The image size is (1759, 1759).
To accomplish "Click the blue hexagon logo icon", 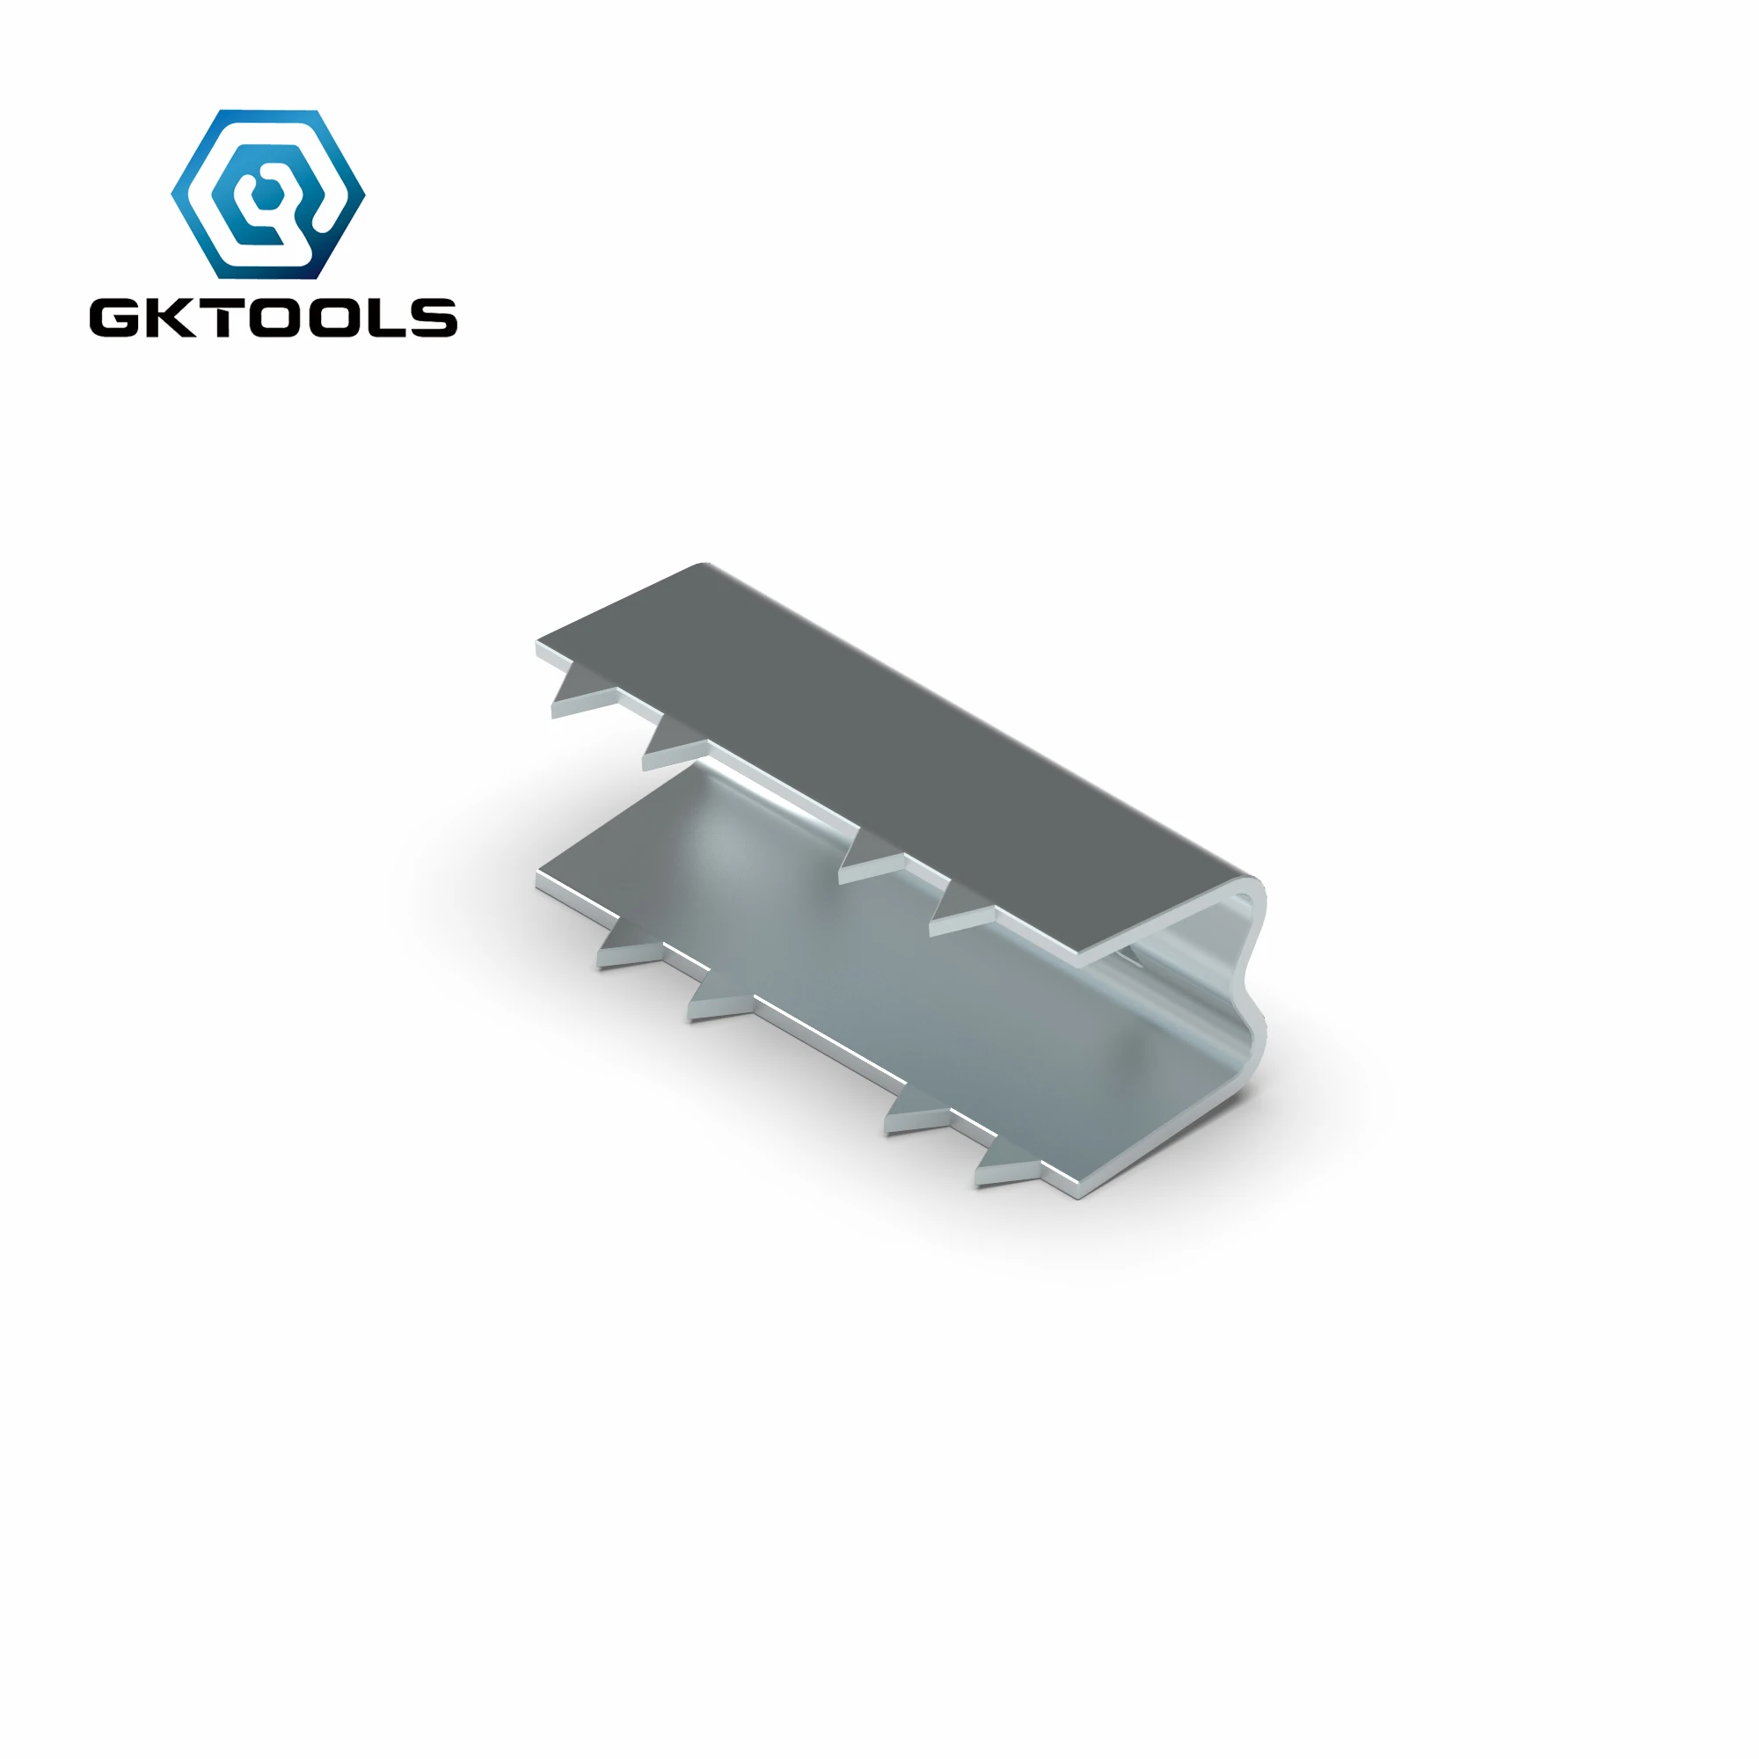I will coord(267,193).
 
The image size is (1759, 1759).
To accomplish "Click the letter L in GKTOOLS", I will coord(383,317).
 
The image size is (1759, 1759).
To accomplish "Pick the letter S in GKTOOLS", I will coord(432,317).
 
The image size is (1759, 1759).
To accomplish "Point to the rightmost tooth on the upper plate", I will coord(960,914).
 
